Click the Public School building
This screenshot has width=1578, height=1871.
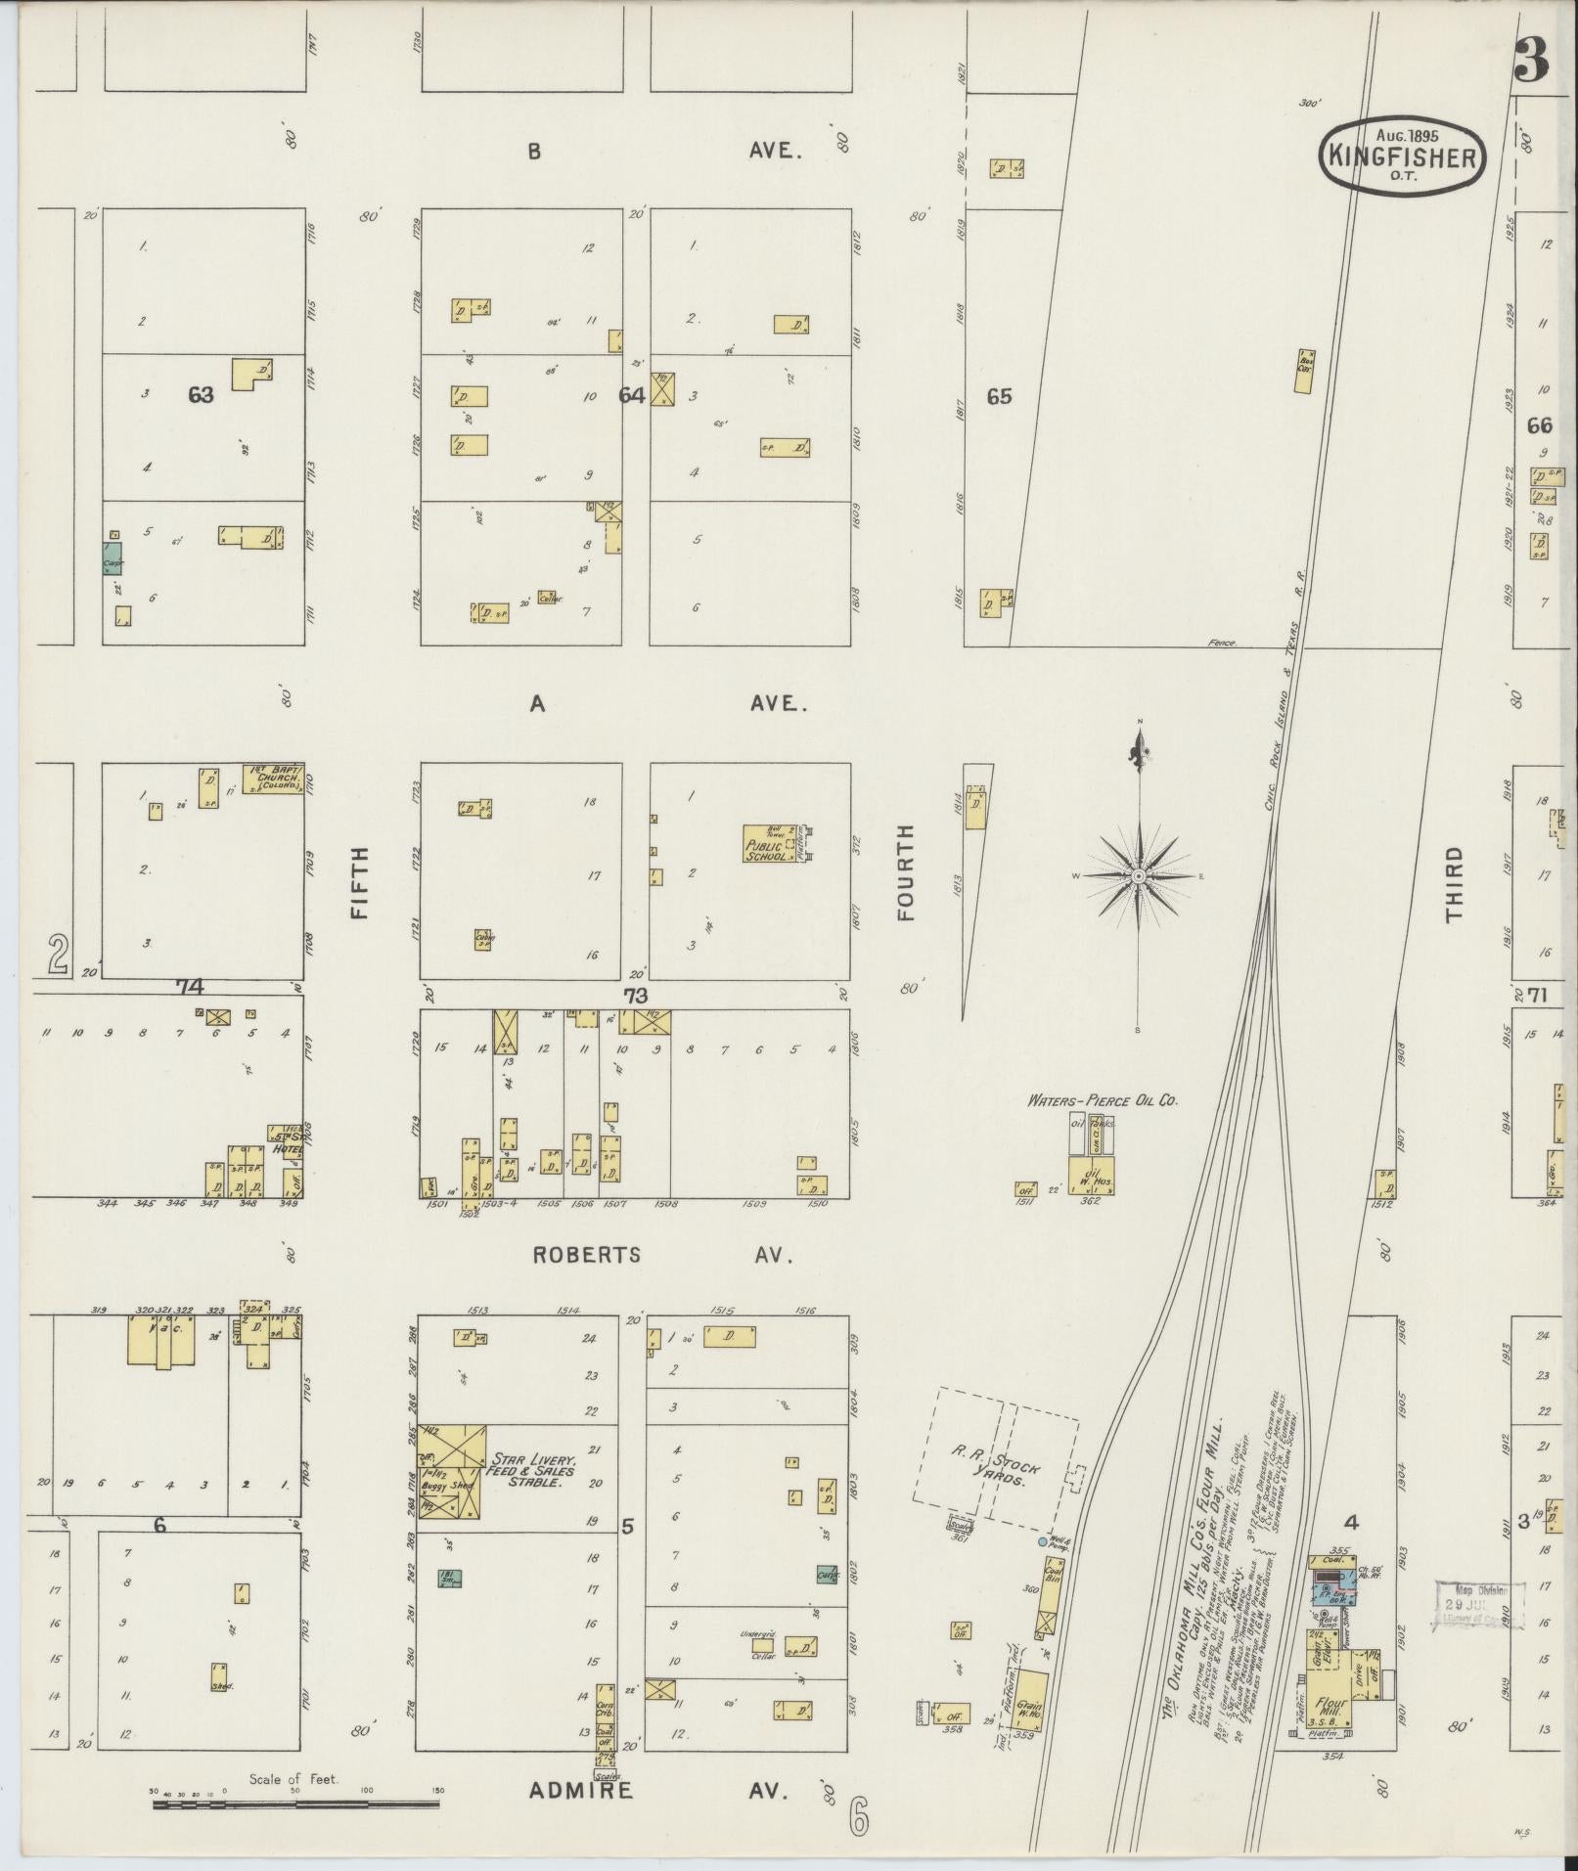[769, 844]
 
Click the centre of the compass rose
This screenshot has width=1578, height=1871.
[1139, 876]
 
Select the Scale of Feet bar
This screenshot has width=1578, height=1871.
[296, 1802]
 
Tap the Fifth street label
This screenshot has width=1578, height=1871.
[359, 882]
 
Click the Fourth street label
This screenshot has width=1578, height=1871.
[905, 872]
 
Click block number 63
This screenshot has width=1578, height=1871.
[201, 395]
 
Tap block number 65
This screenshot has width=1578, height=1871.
[999, 396]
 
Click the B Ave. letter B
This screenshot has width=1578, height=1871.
[534, 152]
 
